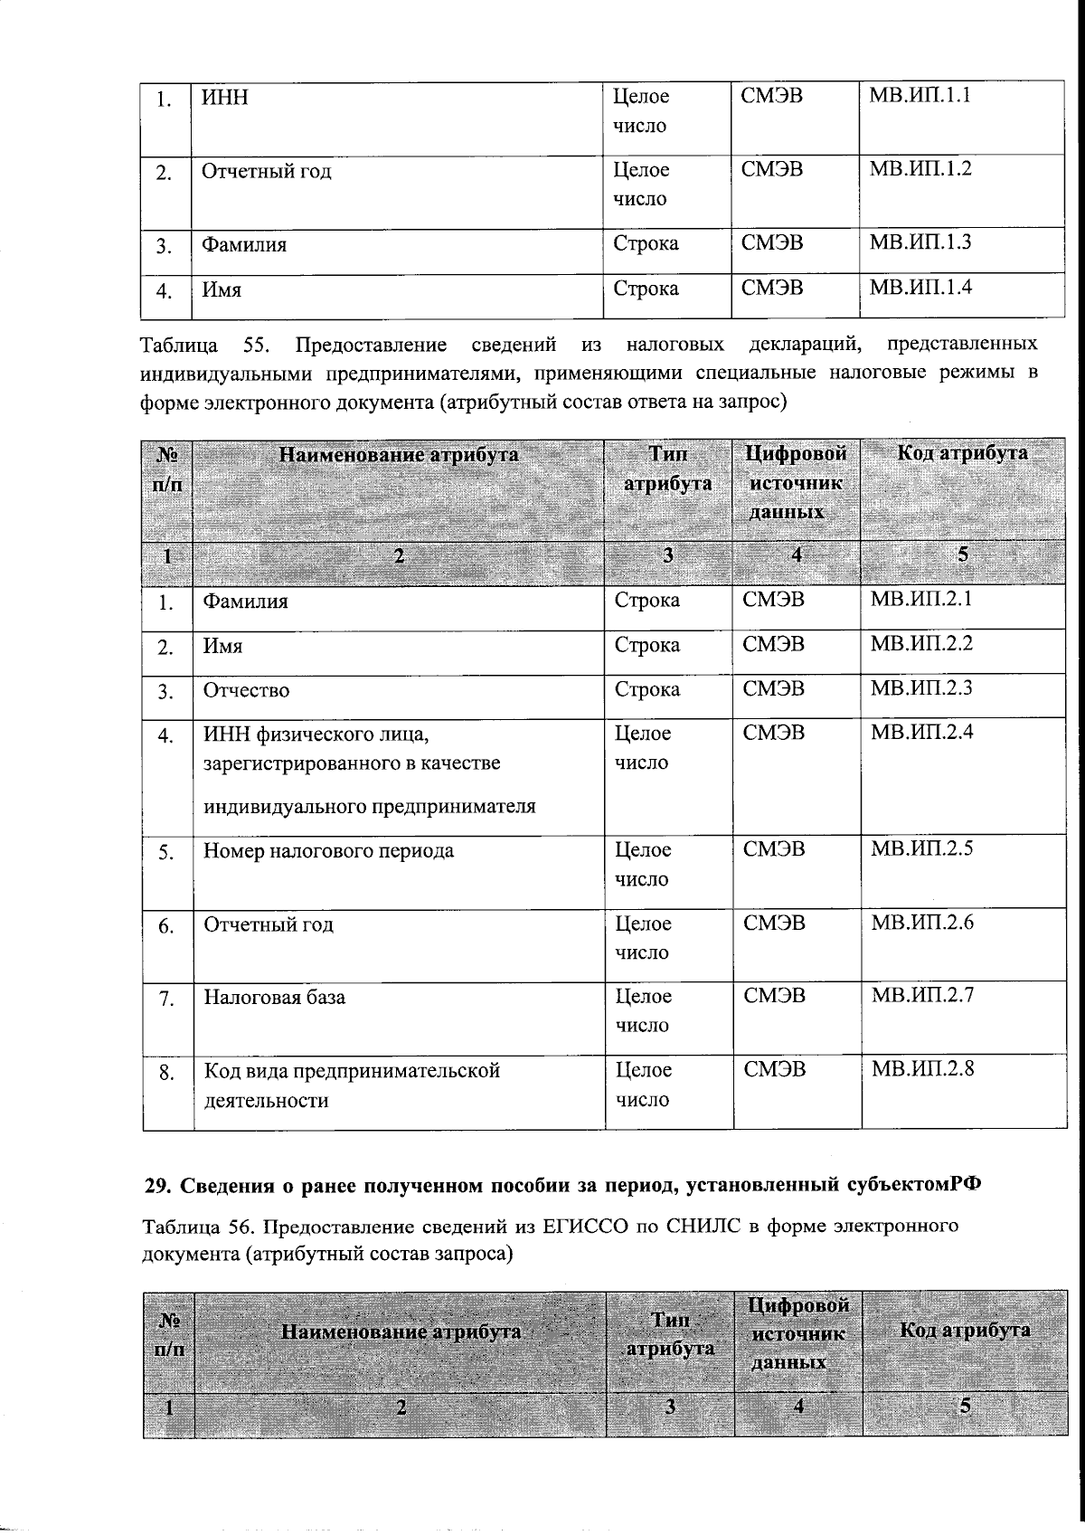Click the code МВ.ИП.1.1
click(x=920, y=95)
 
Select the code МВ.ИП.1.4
click(x=920, y=288)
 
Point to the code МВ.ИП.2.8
click(x=922, y=1068)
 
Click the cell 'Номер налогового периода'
click(x=328, y=850)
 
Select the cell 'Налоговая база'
click(x=274, y=997)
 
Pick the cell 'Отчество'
click(x=246, y=690)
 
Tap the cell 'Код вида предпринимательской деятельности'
click(x=351, y=1085)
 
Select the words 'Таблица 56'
click(x=194, y=1227)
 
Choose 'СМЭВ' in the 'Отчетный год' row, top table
click(x=771, y=169)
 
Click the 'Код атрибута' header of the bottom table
click(x=965, y=1330)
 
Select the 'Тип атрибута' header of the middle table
click(x=667, y=469)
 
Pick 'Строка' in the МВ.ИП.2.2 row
click(x=646, y=645)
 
